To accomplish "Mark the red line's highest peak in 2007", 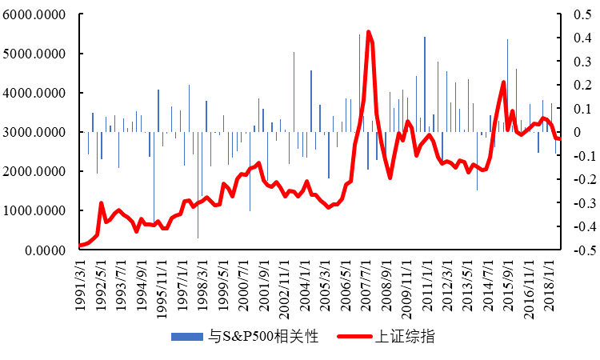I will [368, 32].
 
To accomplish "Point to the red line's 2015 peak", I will [503, 82].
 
